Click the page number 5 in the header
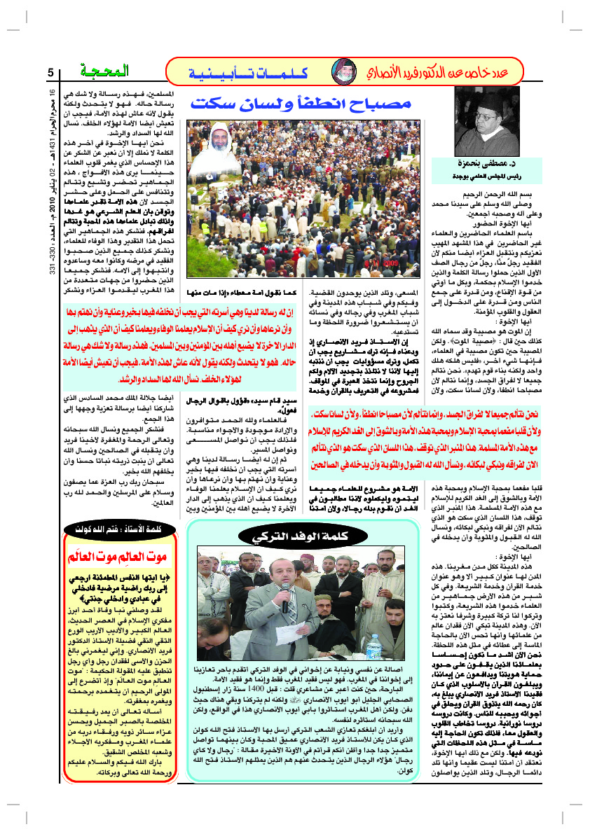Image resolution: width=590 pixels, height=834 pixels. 50,73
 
